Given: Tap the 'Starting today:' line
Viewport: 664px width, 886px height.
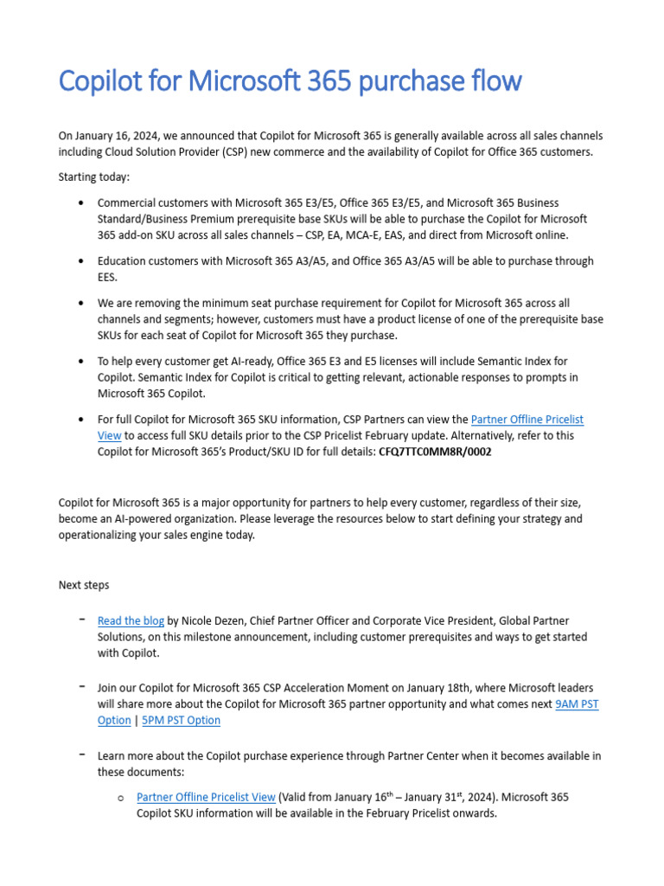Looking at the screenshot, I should click(93, 177).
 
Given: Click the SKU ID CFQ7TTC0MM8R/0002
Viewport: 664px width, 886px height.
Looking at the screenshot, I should click(435, 453).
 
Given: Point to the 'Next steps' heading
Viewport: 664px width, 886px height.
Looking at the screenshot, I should click(84, 585).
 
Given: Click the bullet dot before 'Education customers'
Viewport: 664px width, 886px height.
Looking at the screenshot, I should click(80, 260).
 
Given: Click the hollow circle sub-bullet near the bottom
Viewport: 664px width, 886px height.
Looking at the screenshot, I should click(120, 798).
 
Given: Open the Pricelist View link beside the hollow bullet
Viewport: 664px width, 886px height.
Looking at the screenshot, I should click(206, 797).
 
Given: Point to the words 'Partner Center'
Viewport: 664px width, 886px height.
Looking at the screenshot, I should click(406, 755).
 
